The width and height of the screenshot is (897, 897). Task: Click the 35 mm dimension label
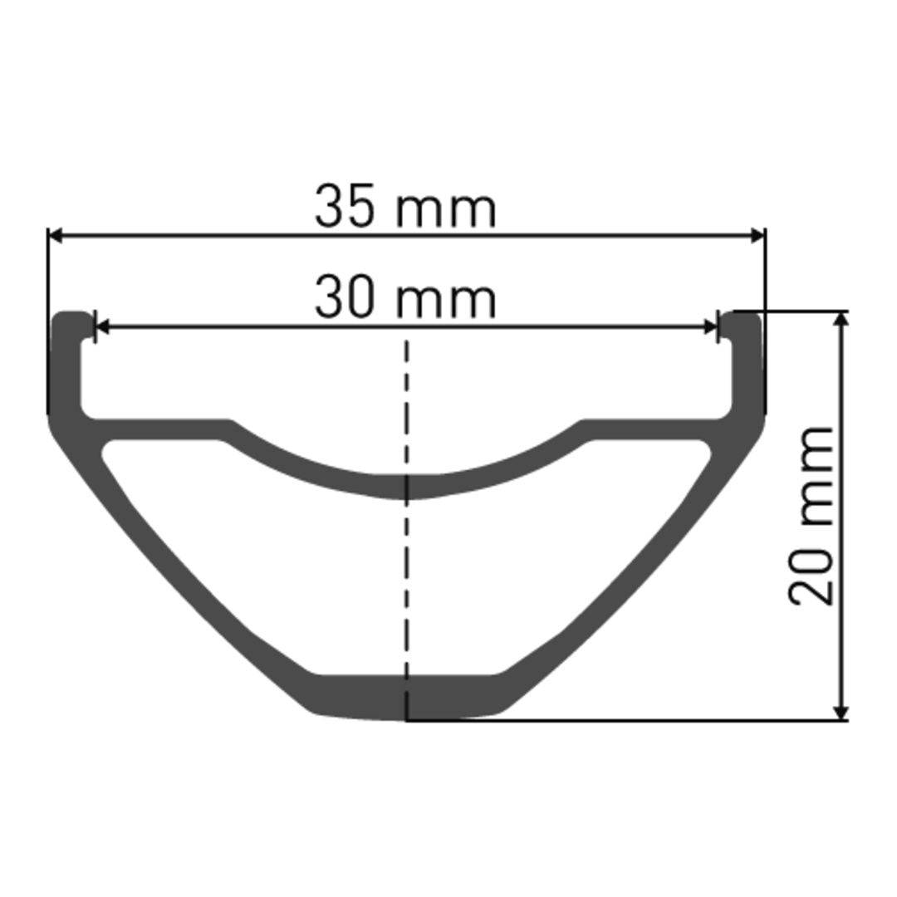click(x=405, y=208)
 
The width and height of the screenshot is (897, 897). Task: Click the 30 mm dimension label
click(x=405, y=299)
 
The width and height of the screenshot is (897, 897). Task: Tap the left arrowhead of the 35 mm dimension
click(x=55, y=237)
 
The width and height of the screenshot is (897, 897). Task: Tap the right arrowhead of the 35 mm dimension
click(x=757, y=237)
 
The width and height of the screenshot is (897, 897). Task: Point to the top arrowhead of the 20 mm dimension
click(x=841, y=320)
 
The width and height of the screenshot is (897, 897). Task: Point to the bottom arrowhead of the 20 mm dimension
click(x=841, y=712)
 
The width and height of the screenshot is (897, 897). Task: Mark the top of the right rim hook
click(x=743, y=316)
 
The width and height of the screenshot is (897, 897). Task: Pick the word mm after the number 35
click(x=445, y=211)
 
